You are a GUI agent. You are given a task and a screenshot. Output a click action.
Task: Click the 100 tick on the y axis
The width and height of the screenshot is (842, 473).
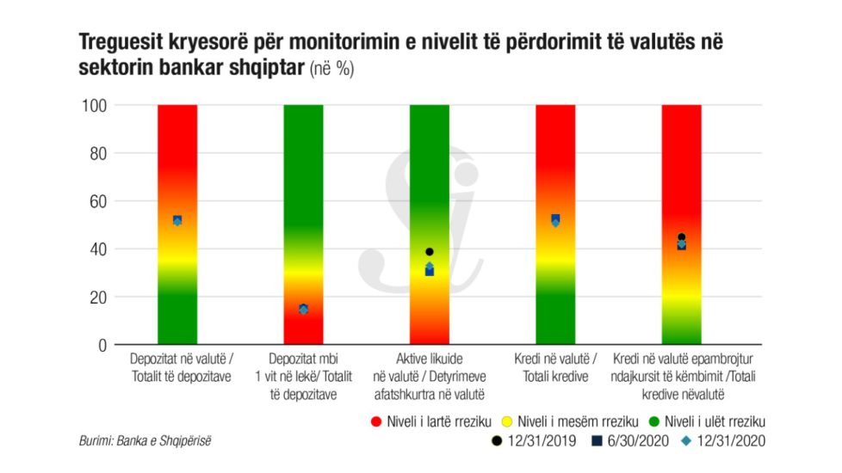(94, 106)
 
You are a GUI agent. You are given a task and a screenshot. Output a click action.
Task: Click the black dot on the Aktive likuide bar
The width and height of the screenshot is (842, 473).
(430, 252)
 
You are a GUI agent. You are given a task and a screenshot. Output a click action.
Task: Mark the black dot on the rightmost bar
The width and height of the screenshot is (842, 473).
(681, 237)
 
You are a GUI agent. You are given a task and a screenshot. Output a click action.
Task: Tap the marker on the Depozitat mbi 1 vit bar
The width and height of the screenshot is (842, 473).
(303, 309)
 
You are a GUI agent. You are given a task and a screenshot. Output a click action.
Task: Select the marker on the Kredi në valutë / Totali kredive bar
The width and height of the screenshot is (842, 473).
(555, 221)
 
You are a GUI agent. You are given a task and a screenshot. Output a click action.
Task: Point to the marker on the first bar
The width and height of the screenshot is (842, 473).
(177, 220)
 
